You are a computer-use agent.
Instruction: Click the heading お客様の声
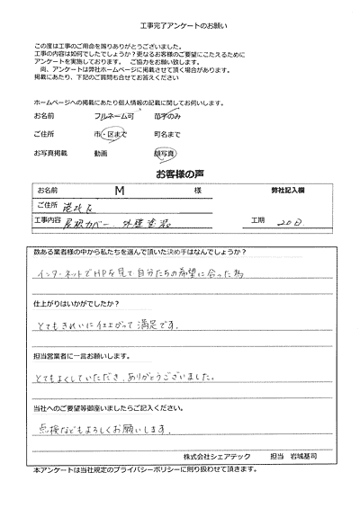coord(179,174)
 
